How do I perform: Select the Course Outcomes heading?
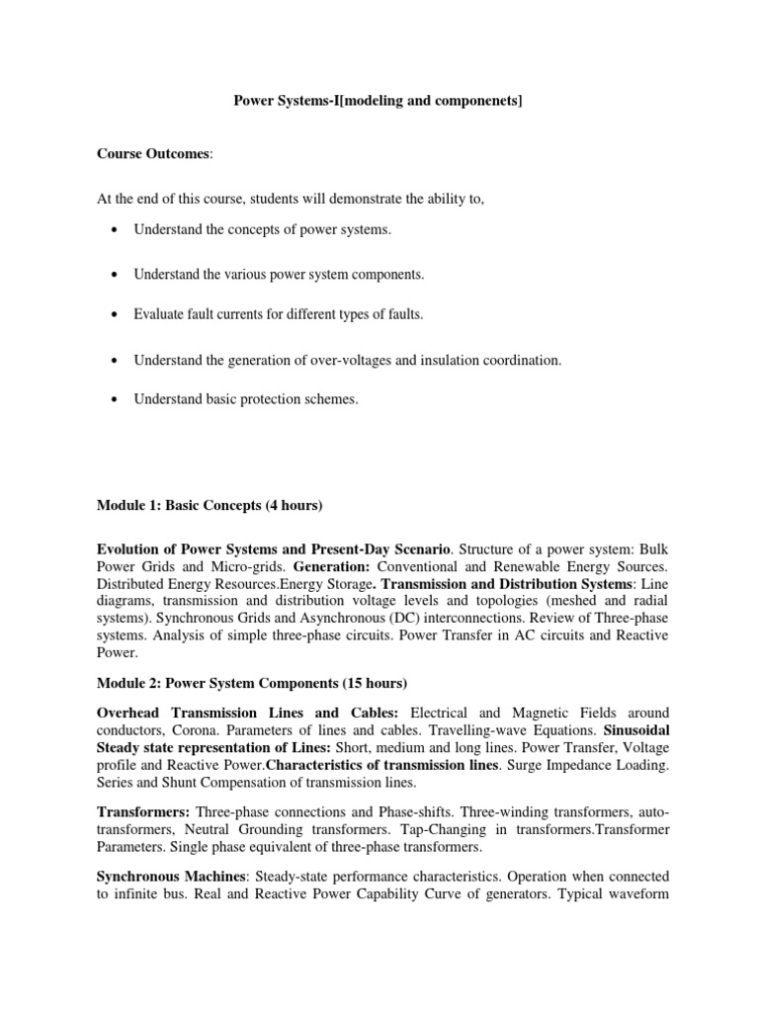coord(152,153)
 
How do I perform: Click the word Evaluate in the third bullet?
coord(159,314)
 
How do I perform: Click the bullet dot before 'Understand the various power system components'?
coord(118,273)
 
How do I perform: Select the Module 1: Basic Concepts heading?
coord(210,505)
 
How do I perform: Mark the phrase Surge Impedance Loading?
coord(581,767)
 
